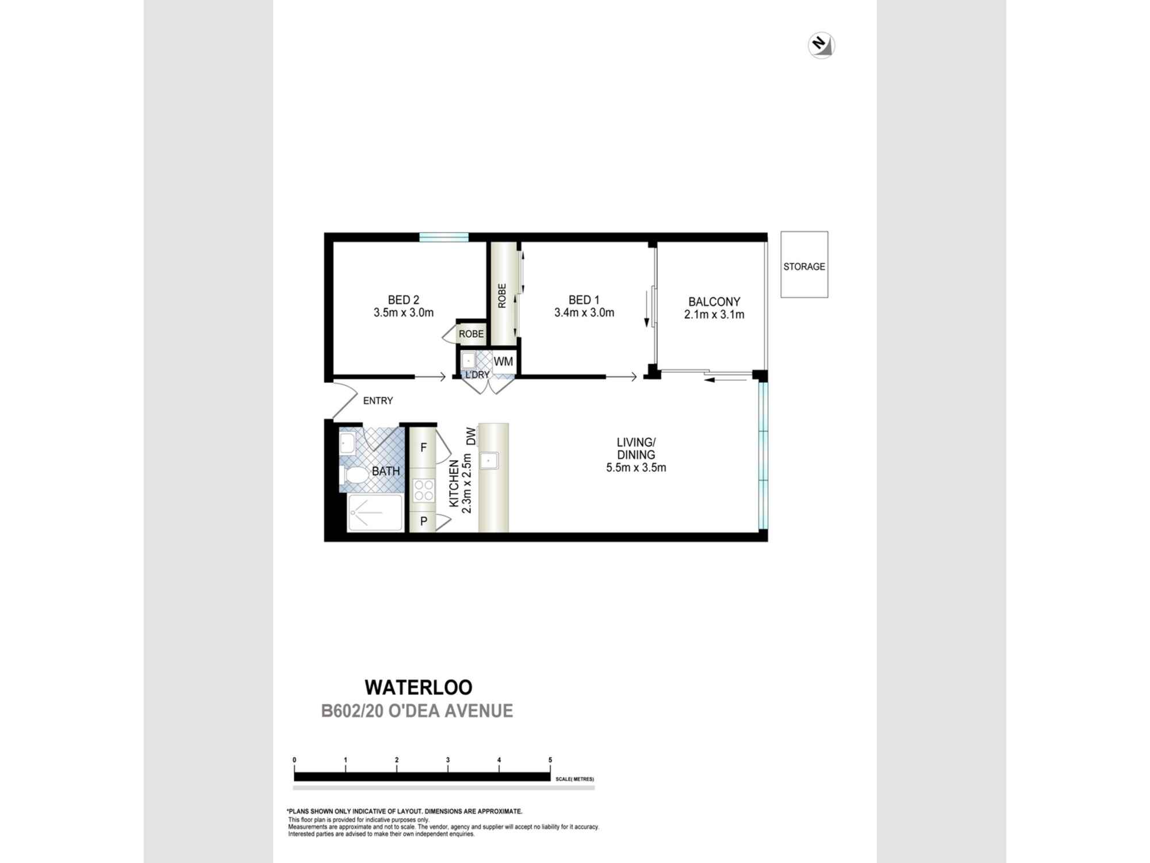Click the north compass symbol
[x=821, y=45]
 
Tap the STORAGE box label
[x=804, y=266]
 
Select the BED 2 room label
[x=403, y=300]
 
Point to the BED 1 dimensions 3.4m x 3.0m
[x=584, y=313]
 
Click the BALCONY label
[x=714, y=301]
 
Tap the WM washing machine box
[x=503, y=362]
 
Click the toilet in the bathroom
[x=354, y=475]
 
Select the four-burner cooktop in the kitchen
[x=424, y=491]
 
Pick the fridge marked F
[x=424, y=447]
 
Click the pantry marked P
[x=424, y=521]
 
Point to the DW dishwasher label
[x=471, y=436]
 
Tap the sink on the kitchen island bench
[x=489, y=460]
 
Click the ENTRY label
[x=378, y=400]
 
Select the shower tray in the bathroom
[x=375, y=512]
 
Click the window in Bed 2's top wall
[x=444, y=236]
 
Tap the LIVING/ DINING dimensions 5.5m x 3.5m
[x=636, y=468]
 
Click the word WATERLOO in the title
[x=419, y=687]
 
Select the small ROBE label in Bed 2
[x=471, y=334]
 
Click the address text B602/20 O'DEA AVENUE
[x=417, y=711]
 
